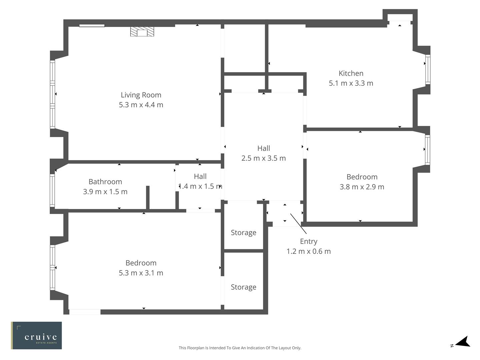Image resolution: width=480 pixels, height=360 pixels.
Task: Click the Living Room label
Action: (141, 95)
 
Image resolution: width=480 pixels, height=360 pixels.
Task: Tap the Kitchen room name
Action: (351, 73)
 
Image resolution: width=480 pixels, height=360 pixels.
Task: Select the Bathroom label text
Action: (105, 182)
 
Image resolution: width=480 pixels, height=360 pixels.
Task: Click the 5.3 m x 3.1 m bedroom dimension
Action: (141, 273)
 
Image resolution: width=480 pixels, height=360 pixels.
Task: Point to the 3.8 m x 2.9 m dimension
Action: (362, 187)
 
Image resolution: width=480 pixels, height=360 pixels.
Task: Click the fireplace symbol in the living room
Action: (142, 32)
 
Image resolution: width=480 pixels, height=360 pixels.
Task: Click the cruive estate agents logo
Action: (37, 335)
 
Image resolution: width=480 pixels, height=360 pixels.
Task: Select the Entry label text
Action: (308, 241)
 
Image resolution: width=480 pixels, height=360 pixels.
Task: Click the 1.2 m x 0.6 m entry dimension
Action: (308, 251)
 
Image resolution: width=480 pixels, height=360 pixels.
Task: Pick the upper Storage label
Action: (243, 233)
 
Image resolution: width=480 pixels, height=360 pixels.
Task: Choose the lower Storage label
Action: (243, 287)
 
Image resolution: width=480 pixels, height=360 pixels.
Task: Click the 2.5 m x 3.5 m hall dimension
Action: (263, 158)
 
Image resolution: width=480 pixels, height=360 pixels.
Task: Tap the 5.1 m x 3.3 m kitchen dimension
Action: (351, 83)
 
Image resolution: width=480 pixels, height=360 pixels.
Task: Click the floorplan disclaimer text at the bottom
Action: (240, 348)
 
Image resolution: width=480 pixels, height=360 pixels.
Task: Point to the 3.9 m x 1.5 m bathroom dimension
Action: (105, 192)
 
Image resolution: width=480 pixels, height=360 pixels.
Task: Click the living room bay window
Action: (52, 94)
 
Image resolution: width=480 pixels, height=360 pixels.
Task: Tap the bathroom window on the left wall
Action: (52, 190)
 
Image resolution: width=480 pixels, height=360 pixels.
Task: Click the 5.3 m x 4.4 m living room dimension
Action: (141, 105)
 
